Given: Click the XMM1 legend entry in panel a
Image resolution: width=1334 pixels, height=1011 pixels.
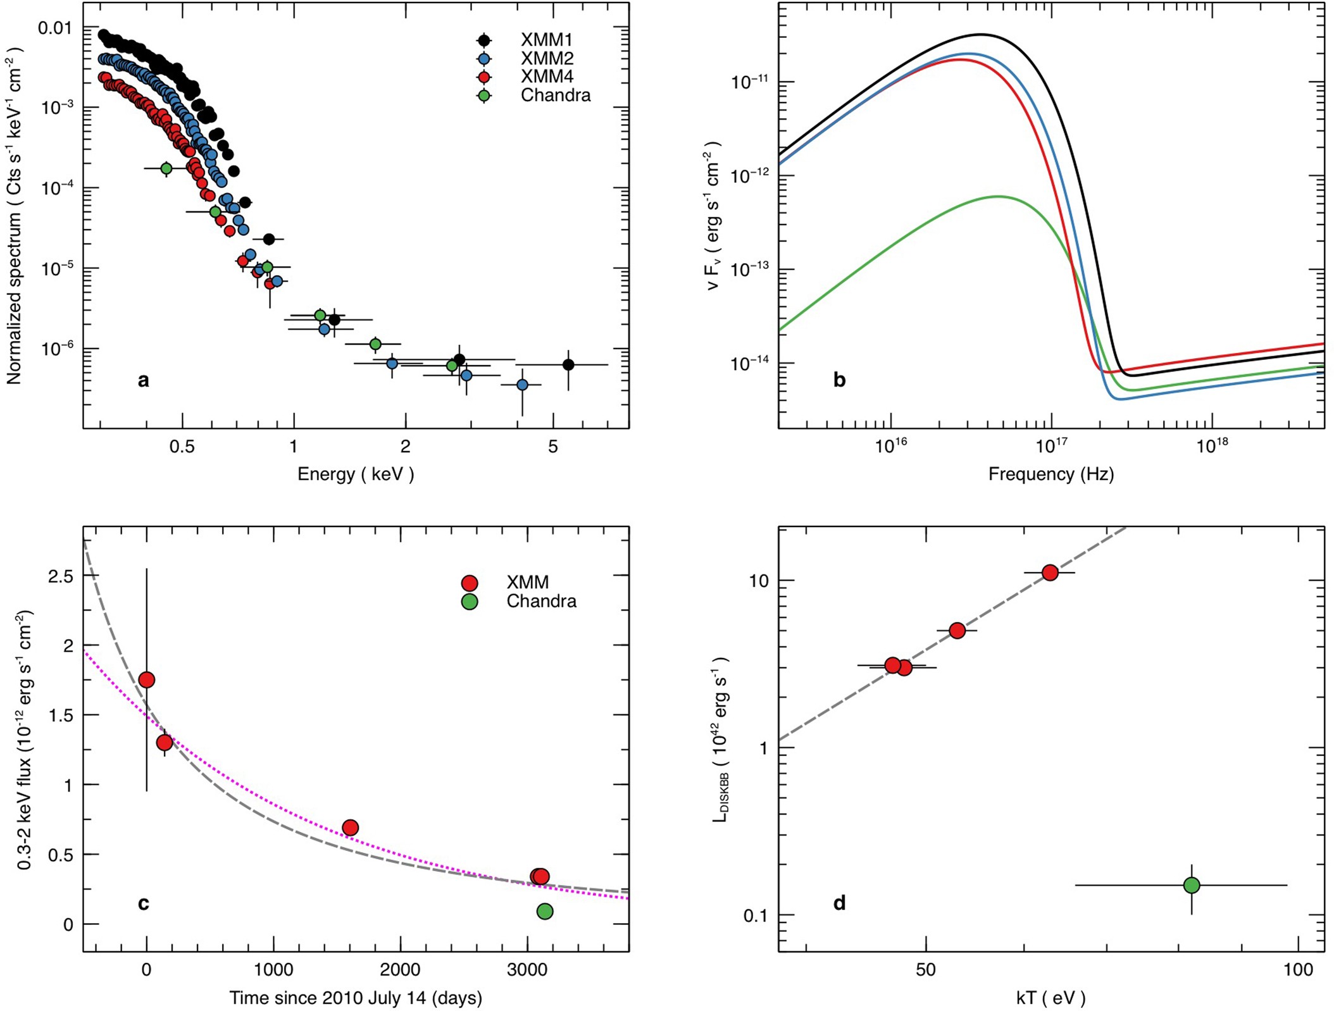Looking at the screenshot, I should (x=545, y=40).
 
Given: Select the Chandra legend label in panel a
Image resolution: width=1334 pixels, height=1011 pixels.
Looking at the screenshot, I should (x=555, y=96).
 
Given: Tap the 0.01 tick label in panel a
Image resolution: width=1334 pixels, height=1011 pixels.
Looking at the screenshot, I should (x=55, y=28).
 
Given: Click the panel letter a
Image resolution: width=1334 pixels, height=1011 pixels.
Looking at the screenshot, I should (x=144, y=380).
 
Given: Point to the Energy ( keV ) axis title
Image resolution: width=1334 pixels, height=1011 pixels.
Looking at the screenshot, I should (x=356, y=474).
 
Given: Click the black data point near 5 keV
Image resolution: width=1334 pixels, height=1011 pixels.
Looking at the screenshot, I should (x=568, y=364).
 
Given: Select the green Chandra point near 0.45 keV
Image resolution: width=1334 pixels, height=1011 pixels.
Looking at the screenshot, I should (x=166, y=168).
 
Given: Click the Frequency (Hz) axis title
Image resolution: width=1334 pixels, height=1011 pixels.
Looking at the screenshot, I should (x=1050, y=474).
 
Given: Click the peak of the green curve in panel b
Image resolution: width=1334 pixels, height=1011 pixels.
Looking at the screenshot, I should (x=999, y=196).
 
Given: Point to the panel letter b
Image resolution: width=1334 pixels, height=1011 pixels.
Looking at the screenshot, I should (x=839, y=380).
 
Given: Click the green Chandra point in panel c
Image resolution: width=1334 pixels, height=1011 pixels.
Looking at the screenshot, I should (x=544, y=911).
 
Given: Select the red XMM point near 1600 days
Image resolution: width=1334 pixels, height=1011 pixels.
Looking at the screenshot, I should (x=350, y=828).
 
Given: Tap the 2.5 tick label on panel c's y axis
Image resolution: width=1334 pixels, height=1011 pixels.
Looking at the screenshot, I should (x=61, y=576).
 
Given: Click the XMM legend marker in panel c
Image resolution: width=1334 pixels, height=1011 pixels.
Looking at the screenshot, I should (x=469, y=583).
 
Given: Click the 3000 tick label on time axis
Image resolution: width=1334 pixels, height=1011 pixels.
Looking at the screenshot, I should (x=527, y=970).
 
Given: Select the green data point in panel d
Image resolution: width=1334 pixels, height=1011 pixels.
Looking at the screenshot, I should (x=1192, y=885).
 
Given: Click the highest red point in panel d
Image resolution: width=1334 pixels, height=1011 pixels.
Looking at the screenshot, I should (x=1050, y=573).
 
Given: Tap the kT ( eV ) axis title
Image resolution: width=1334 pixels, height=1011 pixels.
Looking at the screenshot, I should (x=1050, y=998).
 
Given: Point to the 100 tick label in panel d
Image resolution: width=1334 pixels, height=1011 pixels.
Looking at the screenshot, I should (x=1298, y=970).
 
